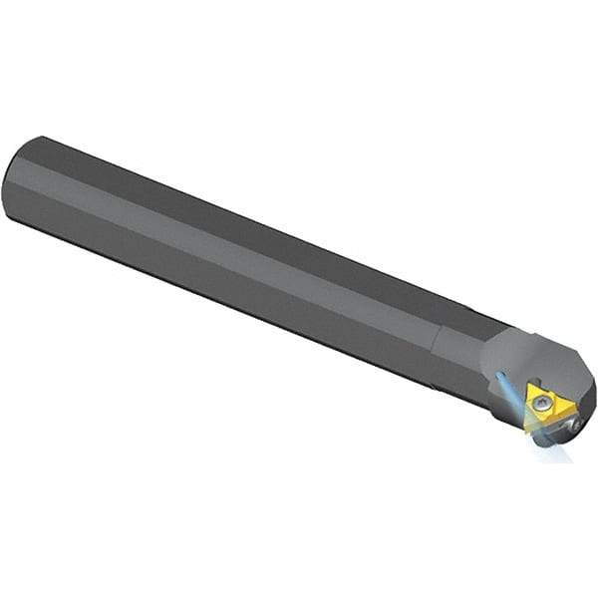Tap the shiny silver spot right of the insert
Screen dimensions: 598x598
point(576,426)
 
